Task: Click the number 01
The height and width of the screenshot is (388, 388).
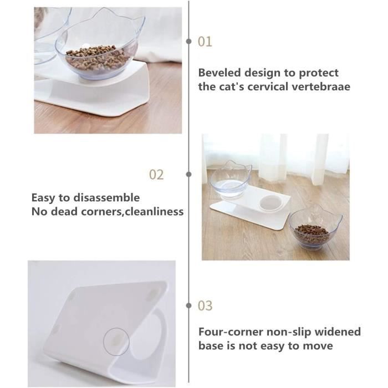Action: coord(205,42)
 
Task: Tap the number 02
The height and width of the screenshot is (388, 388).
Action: coord(157,175)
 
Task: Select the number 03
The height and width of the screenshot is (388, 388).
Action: coord(205,306)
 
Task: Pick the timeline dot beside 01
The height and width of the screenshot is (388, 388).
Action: coord(190,42)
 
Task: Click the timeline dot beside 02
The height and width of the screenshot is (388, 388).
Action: coord(190,174)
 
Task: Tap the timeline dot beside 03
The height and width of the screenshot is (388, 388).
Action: coord(190,305)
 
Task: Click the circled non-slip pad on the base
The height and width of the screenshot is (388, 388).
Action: coord(116,343)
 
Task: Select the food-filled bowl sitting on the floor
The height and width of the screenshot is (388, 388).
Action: coord(315,229)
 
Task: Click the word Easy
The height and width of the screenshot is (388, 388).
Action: coord(43,198)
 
